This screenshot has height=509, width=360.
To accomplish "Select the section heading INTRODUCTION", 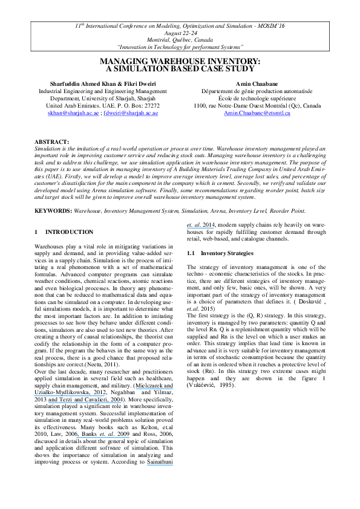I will [70, 232].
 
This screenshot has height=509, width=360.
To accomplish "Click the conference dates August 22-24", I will [180, 33].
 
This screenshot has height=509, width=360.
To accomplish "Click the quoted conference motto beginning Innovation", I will [180, 47].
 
